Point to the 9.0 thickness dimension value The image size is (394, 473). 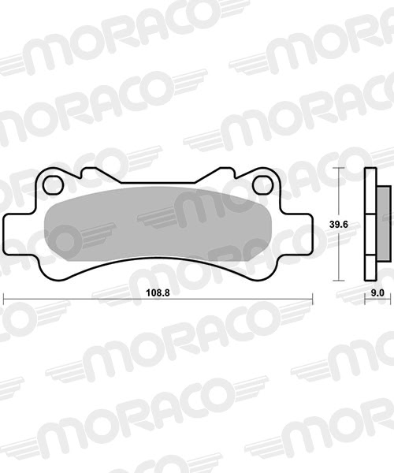point(377,292)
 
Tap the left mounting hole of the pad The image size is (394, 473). point(53,185)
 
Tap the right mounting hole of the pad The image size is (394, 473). point(262,185)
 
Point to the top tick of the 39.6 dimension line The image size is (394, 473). point(340,168)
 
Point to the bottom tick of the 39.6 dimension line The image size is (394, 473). point(340,281)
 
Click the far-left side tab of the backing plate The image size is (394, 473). point(11,234)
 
